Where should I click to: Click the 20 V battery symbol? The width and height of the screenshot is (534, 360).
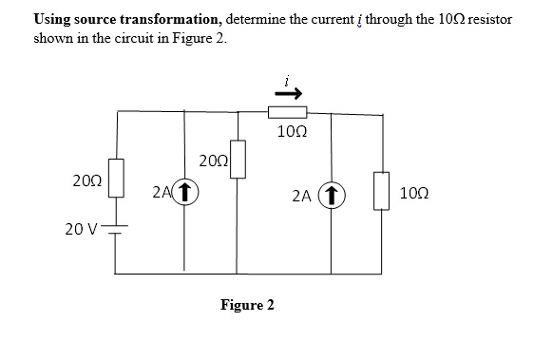click(x=116, y=231)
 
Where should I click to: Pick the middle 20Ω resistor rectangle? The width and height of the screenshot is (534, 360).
click(x=238, y=159)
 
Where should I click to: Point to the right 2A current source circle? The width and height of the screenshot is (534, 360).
click(x=333, y=196)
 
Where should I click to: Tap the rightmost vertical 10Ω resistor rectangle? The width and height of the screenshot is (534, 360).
click(x=384, y=190)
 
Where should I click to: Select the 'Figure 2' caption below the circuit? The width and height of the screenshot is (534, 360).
click(x=247, y=305)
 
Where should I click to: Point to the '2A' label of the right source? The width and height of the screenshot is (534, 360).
click(x=302, y=197)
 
